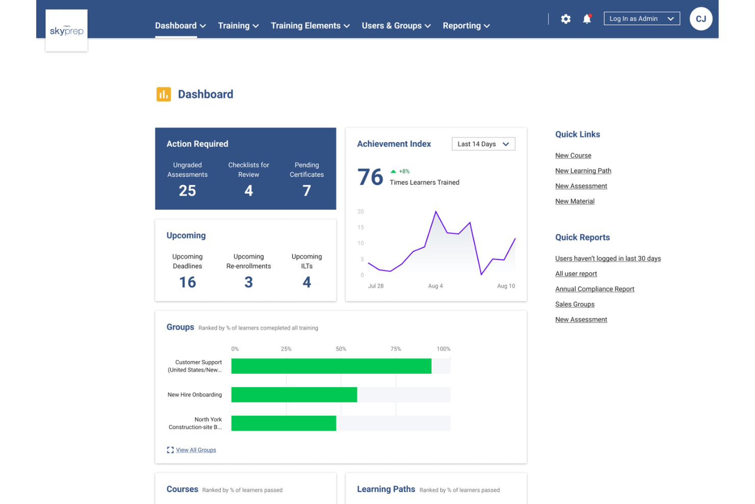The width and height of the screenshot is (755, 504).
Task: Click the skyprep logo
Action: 66,31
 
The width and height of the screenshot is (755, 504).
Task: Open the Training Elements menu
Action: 310,26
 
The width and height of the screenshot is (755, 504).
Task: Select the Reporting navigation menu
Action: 466,26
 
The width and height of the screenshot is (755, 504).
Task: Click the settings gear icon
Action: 566,19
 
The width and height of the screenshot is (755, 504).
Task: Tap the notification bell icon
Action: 587,19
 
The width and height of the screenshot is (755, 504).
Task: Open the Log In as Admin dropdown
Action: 641,19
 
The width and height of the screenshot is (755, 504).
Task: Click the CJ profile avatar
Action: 700,19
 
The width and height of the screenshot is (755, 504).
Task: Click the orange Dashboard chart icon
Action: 164,94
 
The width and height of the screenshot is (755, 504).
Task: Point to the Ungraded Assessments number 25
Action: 187,190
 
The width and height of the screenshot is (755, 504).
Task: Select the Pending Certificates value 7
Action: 307,190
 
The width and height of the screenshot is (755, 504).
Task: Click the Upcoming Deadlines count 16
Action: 187,282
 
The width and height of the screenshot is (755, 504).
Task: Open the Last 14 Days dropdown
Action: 483,144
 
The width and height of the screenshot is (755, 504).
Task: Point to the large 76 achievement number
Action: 370,177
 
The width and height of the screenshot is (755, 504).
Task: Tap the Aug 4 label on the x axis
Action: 435,286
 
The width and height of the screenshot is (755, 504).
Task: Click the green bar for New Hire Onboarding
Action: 294,395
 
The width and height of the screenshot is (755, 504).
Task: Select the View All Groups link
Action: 196,450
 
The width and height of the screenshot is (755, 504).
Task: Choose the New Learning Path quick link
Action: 583,171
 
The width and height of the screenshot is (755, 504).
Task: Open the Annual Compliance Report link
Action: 594,289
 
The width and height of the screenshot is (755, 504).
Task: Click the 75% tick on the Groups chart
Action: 395,349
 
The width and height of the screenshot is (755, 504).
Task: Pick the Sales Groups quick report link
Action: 574,304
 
